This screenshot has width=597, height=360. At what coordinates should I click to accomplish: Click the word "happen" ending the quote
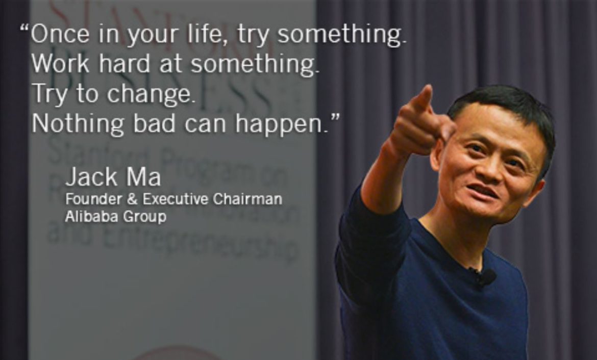click(286, 124)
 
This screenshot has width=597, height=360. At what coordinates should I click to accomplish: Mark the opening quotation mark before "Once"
click(24, 28)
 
